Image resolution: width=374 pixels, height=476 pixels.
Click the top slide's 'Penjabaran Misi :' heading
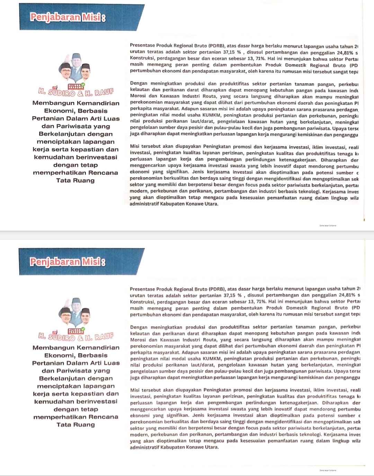tap(68, 17)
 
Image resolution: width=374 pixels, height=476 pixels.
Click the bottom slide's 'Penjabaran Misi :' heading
tap(68, 262)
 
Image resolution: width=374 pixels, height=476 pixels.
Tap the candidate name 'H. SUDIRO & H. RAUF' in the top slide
tap(76, 92)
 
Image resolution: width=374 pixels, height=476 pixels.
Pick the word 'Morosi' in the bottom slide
tap(138, 340)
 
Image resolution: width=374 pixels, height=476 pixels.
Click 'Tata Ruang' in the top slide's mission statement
tap(75, 180)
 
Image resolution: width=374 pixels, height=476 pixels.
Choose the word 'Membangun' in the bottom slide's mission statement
tap(53, 348)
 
